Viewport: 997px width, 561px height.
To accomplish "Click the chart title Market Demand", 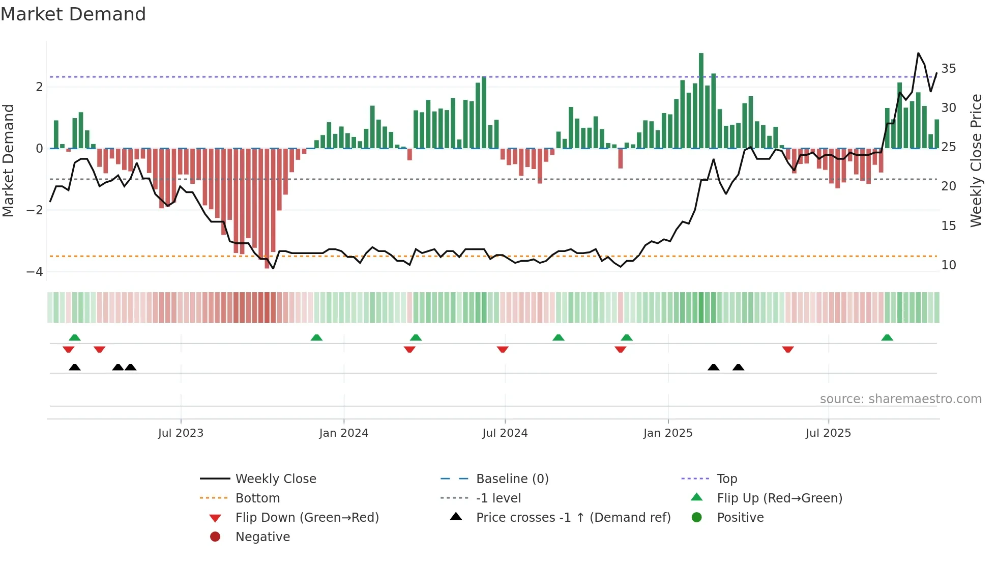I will click(x=73, y=14).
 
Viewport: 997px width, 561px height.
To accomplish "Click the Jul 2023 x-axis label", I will click(x=181, y=433).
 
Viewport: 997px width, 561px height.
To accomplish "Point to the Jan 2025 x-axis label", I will click(x=667, y=433).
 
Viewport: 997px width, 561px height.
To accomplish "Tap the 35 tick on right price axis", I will click(x=948, y=69).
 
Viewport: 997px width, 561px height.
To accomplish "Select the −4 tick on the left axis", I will click(x=35, y=272).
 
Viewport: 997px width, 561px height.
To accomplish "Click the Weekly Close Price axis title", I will click(x=976, y=160).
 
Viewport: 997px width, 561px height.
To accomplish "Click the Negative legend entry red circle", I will click(x=215, y=537).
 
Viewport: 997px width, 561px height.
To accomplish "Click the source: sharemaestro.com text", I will click(x=900, y=399).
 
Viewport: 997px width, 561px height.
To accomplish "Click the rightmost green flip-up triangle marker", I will click(x=887, y=338).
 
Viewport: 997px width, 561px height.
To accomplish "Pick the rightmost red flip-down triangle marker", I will click(x=788, y=349).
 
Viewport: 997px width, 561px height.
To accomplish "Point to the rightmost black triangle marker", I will click(x=738, y=367).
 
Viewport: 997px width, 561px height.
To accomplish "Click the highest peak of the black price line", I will click(x=918, y=53).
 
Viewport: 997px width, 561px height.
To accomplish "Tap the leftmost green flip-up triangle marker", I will click(x=75, y=338).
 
